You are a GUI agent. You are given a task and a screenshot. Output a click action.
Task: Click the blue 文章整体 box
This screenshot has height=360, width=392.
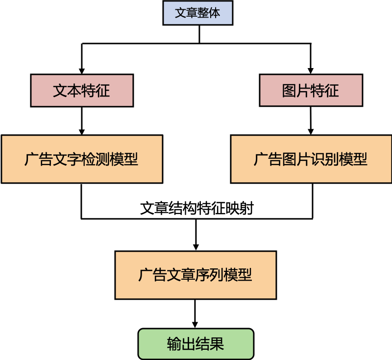click(x=197, y=13)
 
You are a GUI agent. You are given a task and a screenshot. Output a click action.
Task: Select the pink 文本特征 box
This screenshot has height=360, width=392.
click(x=82, y=91)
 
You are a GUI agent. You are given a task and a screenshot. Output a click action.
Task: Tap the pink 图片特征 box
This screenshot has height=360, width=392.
click(x=311, y=91)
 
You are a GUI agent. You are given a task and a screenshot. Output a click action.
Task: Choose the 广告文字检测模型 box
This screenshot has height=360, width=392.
click(x=82, y=159)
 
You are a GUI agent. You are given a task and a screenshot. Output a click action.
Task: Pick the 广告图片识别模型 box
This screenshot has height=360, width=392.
click(x=311, y=159)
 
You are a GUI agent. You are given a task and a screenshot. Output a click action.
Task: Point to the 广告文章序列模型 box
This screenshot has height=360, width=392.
click(x=196, y=275)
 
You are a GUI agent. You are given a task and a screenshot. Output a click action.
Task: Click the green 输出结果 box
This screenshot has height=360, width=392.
click(x=196, y=344)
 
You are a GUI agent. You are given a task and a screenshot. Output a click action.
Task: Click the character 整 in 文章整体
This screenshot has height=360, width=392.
click(x=203, y=13)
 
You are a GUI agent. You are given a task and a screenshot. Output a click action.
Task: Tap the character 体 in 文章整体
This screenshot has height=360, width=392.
click(x=215, y=13)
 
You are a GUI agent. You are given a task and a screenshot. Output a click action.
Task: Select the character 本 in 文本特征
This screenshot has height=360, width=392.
click(x=74, y=91)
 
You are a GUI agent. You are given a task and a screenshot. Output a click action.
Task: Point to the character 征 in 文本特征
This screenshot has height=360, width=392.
click(x=103, y=91)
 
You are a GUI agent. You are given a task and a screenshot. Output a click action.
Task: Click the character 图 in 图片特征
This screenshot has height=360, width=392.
click(x=289, y=91)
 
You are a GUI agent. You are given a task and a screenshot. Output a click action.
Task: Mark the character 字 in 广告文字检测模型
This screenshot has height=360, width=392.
click(x=74, y=159)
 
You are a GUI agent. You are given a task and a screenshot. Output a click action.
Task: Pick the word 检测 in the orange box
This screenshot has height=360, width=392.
click(x=96, y=159)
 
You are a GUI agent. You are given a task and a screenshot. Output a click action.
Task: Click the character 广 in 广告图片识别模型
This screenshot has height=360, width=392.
click(x=261, y=159)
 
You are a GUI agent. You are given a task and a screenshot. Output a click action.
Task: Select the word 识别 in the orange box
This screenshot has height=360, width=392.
click(x=325, y=159)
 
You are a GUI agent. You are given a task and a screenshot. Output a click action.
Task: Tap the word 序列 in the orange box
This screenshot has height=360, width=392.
click(x=210, y=275)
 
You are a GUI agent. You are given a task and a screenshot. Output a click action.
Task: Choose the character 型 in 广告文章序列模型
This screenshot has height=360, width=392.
click(x=245, y=275)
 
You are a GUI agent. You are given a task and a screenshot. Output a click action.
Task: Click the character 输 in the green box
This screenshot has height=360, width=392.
click(x=174, y=344)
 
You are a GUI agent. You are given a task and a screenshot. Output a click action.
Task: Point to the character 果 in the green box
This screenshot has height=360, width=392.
click(x=217, y=344)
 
